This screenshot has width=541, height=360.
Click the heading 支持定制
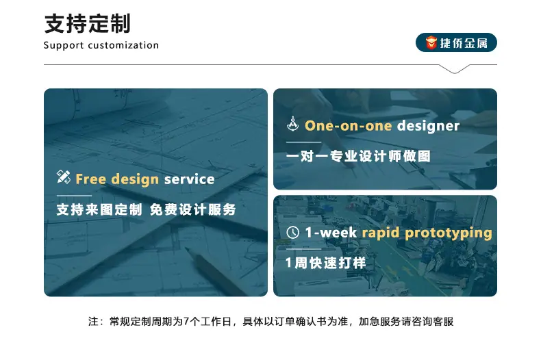88,24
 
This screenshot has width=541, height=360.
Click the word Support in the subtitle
64,46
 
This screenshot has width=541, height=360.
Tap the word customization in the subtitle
123,45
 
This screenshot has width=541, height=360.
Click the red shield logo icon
431,42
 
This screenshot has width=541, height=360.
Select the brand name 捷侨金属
464,43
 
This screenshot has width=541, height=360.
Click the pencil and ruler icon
64,177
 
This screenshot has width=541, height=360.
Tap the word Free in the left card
91,179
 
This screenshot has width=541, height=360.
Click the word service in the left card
190,179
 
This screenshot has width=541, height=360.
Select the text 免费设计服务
193,209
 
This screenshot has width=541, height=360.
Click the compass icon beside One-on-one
293,123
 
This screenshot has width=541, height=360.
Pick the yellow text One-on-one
349,126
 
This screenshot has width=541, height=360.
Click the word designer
429,126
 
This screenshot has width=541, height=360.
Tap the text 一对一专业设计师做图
358,156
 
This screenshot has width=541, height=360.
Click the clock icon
293,233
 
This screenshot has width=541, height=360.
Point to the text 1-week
331,233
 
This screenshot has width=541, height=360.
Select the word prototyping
449,233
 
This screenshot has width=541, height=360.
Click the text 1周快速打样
326,263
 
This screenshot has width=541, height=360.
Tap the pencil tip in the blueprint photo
187,248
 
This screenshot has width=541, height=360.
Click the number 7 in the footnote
186,322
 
